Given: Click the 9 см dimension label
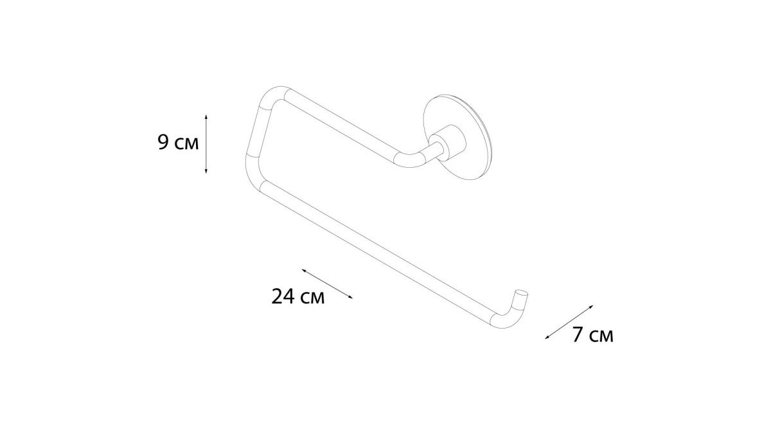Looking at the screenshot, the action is tap(178, 142).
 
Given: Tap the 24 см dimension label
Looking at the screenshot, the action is tap(297, 296).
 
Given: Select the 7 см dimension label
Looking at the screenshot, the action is tap(592, 334).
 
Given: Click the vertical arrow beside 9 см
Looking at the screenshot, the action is tap(206, 144).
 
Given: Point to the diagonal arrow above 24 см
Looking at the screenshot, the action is tap(327, 284).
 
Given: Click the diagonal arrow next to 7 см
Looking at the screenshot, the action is tap(569, 322).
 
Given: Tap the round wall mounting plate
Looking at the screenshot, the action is tap(457, 137).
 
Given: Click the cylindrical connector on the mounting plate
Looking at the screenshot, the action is tap(447, 143).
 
